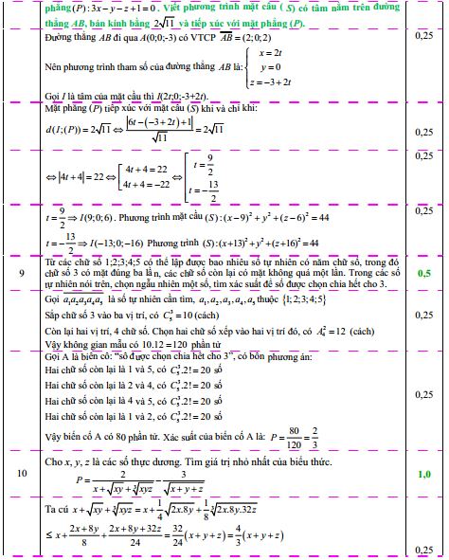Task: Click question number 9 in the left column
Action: click(22, 273)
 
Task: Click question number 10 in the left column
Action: click(23, 472)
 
